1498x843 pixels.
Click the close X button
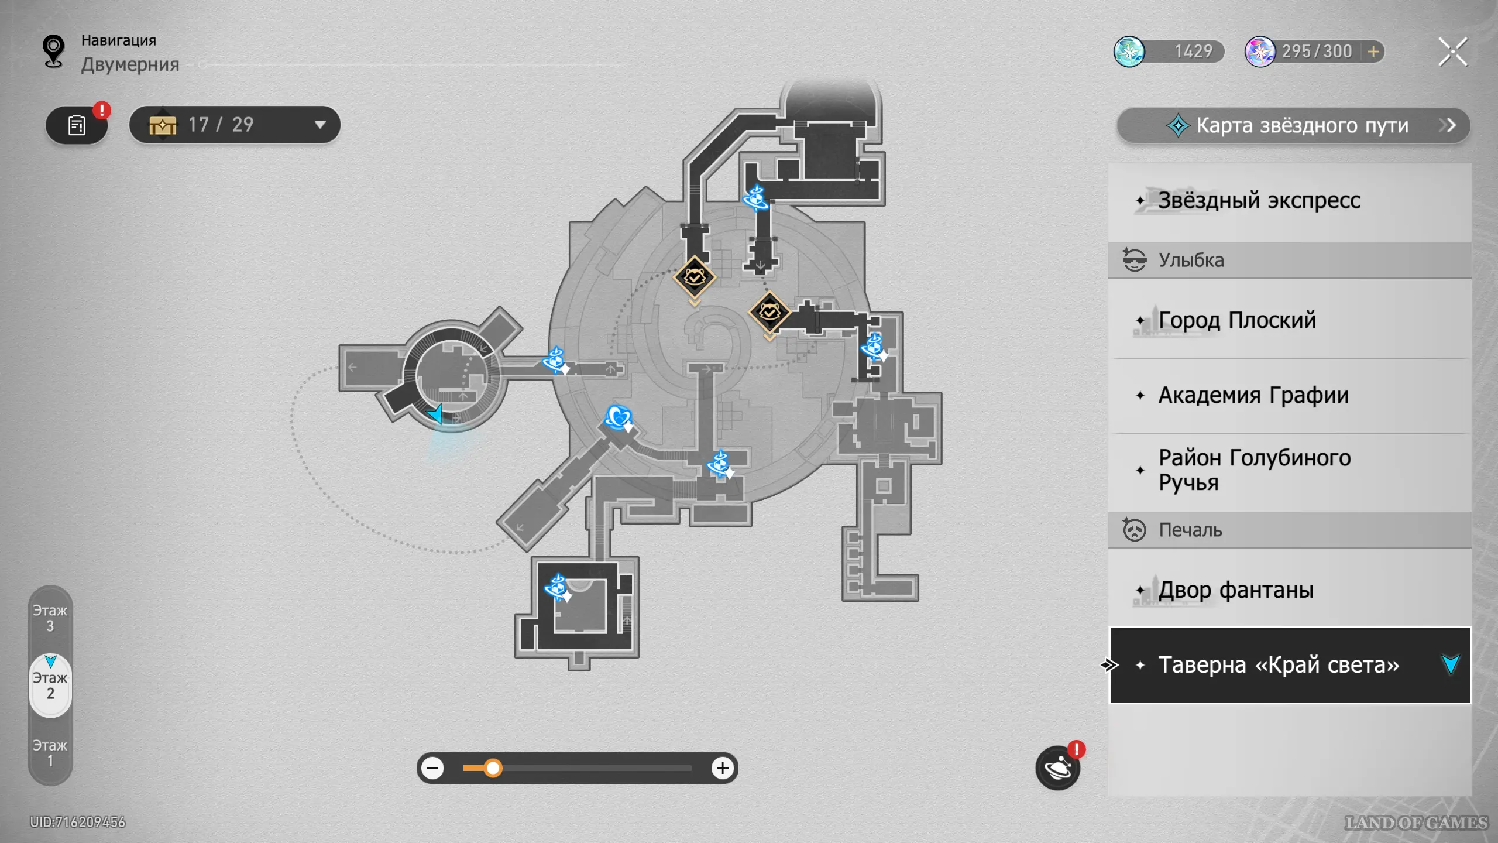pos(1453,52)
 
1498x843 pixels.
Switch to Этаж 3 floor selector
pos(50,618)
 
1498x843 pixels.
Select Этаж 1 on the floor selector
pos(50,753)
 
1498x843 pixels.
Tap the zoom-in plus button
pos(723,768)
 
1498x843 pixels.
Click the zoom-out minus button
pos(433,768)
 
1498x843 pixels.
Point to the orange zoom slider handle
pos(493,768)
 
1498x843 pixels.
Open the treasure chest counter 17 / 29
pos(235,125)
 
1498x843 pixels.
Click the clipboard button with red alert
pos(77,125)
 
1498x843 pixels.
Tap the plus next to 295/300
pos(1373,52)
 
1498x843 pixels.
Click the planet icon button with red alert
pos(1058,767)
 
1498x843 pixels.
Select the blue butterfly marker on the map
pos(618,417)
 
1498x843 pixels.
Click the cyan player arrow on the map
pos(435,413)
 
